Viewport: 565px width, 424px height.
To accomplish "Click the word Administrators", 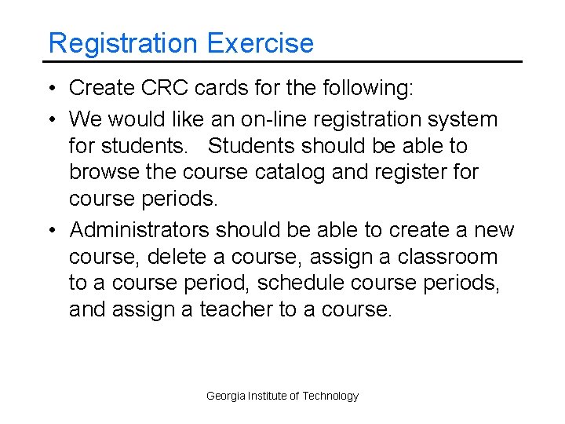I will click(x=140, y=230).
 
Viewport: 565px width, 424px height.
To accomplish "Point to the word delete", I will click(x=175, y=257).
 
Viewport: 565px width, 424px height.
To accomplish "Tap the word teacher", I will click(x=236, y=309).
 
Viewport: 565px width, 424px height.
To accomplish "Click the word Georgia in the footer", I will click(x=225, y=397).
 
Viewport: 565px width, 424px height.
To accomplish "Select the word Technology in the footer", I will click(x=330, y=397).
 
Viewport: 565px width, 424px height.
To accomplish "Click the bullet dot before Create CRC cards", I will click(x=51, y=89).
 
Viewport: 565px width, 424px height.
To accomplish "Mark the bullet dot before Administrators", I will click(x=51, y=230).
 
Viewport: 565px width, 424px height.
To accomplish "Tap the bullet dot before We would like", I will click(x=51, y=119).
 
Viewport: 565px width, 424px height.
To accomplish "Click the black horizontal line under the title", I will click(x=282, y=61).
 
